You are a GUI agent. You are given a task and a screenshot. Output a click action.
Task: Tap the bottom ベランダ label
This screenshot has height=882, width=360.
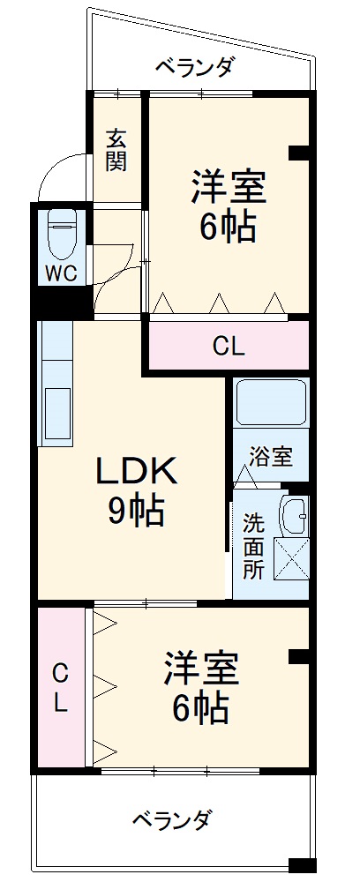point(172,819)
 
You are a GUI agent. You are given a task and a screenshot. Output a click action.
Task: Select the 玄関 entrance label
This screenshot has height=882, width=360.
point(116,150)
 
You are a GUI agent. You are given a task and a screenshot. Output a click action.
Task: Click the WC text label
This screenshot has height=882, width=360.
point(61,273)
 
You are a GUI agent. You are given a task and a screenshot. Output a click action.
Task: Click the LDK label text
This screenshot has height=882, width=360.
point(136,472)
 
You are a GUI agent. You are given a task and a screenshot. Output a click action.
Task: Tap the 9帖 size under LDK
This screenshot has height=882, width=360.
point(136,511)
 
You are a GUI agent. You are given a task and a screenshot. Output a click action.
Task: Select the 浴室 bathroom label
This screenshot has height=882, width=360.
point(271,457)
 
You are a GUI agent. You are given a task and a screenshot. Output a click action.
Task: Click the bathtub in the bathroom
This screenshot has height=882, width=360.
point(271,401)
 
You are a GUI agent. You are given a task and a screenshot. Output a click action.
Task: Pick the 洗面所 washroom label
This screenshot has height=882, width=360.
point(253,545)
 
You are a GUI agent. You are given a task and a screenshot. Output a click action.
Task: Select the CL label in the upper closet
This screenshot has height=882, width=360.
point(229,347)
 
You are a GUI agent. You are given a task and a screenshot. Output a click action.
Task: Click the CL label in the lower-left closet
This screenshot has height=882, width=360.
point(60,688)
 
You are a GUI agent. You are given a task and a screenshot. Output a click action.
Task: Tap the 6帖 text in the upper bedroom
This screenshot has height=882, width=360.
point(228,228)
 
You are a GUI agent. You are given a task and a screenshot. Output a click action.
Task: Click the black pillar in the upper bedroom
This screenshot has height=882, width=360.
point(300,153)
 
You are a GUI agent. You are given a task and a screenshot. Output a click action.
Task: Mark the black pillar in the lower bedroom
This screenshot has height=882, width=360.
point(300,656)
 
